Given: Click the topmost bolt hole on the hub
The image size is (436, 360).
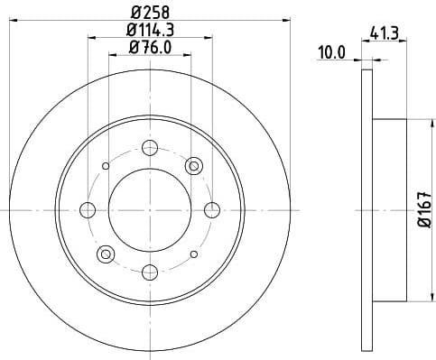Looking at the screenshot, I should point(151,148).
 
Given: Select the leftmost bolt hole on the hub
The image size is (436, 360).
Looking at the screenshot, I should point(88,210).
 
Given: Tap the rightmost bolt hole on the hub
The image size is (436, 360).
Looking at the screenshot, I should point(213,210).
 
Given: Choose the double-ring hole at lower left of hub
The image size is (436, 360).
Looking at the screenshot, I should point(107,254).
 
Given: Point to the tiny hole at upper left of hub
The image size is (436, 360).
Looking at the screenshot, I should point(107,166).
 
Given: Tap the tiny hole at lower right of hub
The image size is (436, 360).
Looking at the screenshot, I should point(194,254).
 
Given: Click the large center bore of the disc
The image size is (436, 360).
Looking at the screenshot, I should point(151,210).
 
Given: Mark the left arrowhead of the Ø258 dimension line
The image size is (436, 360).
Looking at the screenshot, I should point(18,17).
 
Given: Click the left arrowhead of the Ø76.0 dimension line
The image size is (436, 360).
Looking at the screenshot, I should point(112,54).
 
